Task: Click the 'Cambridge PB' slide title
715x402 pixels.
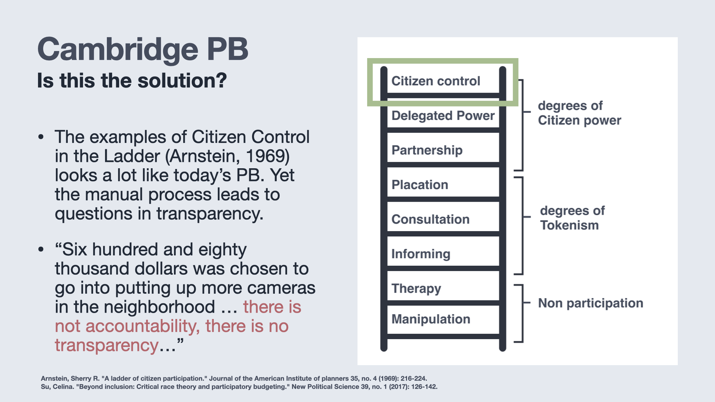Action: [143, 50]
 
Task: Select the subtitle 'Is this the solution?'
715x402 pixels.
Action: [132, 80]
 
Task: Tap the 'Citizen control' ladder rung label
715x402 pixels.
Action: [436, 81]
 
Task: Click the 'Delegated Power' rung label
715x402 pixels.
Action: [443, 116]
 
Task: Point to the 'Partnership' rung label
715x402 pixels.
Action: [427, 150]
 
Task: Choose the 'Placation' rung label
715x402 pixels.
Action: [420, 185]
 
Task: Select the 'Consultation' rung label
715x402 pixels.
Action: [430, 219]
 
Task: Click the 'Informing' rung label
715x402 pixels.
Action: [421, 254]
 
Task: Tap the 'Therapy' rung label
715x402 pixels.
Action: [416, 289]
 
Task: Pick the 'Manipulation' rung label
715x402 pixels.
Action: [431, 319]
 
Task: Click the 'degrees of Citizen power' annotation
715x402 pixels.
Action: [579, 113]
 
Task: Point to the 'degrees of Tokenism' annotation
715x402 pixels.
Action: [572, 218]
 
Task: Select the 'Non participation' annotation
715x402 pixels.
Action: [591, 303]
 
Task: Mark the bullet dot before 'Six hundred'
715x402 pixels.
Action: [41, 249]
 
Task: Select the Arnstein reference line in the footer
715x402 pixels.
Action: [234, 379]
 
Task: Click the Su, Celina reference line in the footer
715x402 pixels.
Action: [239, 387]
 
